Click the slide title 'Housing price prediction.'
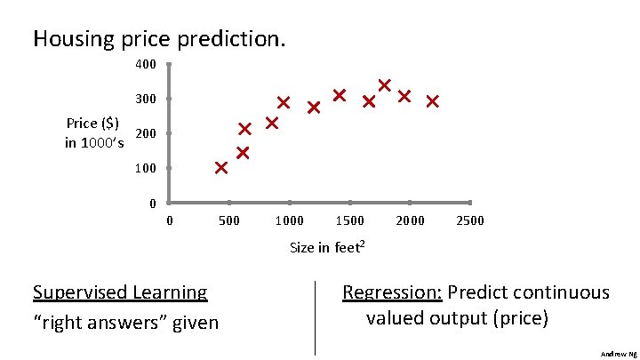pos(159,39)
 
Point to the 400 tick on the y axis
pos(146,65)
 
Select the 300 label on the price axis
pos(146,99)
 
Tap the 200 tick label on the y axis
pos(146,133)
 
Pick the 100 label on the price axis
pos(146,168)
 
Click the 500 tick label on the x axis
pos(229,220)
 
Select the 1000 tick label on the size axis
pos(290,220)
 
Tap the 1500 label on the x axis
pos(350,220)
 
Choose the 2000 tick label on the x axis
pos(410,220)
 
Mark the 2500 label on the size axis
pos(470,220)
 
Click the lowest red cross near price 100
pos(220,167)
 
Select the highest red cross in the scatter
pos(385,85)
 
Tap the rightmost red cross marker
pos(432,101)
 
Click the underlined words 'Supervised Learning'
pos(120,292)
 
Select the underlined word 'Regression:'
pos(393,292)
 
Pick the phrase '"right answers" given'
pos(125,322)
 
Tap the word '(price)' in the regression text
pos(520,317)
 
